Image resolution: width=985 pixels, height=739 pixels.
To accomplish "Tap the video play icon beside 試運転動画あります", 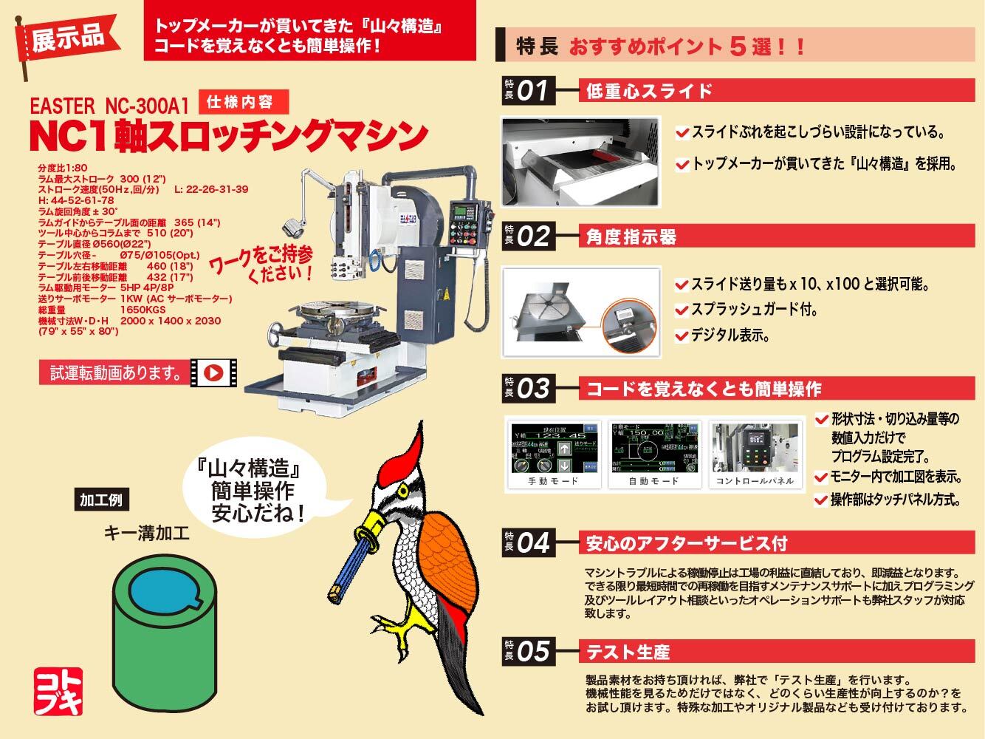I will (x=213, y=373).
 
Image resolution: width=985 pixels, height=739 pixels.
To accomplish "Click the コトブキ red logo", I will (x=58, y=692).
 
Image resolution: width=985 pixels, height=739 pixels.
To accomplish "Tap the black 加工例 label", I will (x=100, y=500).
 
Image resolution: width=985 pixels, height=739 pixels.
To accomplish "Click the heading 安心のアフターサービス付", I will (x=687, y=545).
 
